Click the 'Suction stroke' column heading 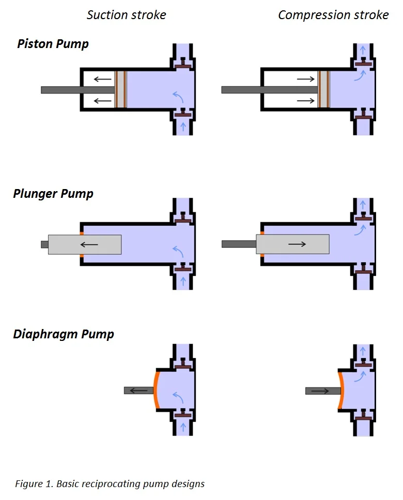coord(127,15)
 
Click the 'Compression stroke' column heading coord(333,15)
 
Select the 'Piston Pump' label coord(53,44)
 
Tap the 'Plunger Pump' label coord(53,194)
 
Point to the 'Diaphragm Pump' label coord(64,334)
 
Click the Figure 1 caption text coord(110,484)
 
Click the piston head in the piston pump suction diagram coord(120,89)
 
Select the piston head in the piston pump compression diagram coord(323,89)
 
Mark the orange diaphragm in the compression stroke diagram coord(341,390)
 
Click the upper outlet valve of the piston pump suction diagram coord(183,66)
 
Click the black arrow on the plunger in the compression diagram coord(297,244)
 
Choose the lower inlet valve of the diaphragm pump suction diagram coord(183,414)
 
